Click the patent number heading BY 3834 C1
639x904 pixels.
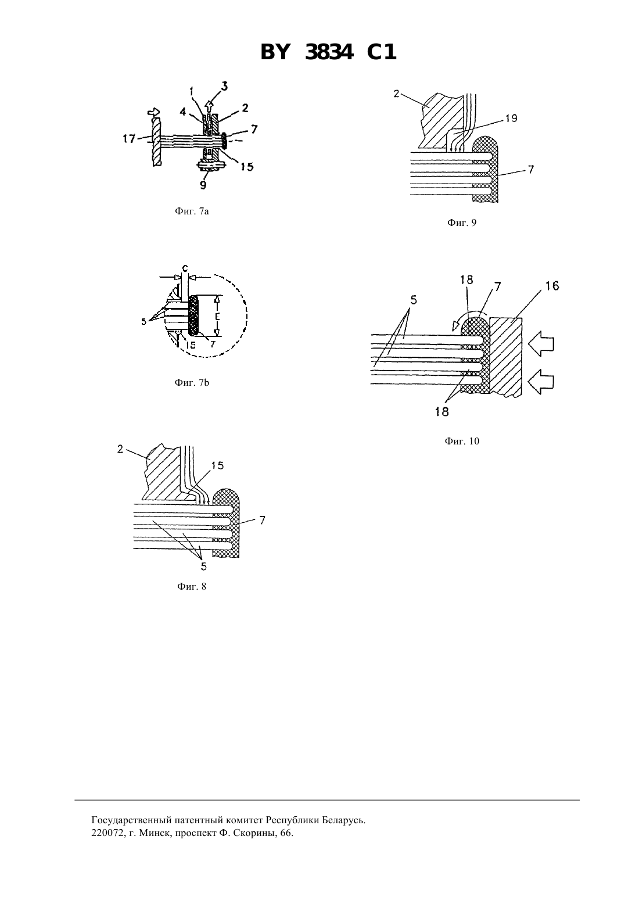coord(328,52)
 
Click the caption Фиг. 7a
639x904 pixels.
coord(192,211)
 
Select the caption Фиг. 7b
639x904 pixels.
coord(192,383)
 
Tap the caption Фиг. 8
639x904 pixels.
coord(192,586)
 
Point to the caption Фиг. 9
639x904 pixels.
coord(462,223)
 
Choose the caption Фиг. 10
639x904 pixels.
coord(462,441)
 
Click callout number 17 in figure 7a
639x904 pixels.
coord(129,139)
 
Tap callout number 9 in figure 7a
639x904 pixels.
coord(203,185)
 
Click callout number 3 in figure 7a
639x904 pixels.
coord(224,86)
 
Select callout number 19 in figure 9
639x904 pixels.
coord(511,119)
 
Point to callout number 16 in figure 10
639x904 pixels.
coord(552,286)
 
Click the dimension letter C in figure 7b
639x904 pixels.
coord(185,268)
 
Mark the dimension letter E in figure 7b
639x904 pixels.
coord(217,317)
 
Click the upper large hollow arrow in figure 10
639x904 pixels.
coord(541,345)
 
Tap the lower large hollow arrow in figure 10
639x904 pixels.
coord(541,383)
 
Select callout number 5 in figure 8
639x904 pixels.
coord(204,566)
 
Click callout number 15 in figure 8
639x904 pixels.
coord(217,465)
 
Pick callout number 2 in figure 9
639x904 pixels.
coord(397,94)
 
